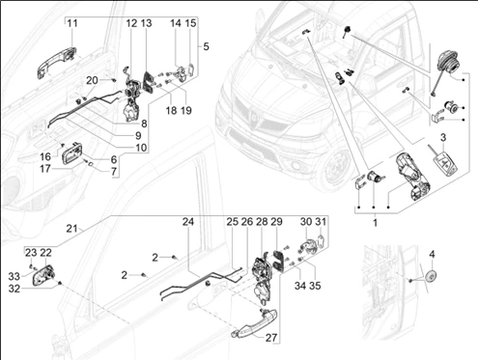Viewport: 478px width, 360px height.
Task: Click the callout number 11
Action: tap(72, 23)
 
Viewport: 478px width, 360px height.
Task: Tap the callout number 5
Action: tap(206, 46)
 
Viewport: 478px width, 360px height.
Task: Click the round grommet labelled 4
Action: tap(430, 277)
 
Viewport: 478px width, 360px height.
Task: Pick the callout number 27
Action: tap(271, 338)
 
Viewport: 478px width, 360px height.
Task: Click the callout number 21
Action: tap(71, 229)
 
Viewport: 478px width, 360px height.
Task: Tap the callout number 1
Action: tap(375, 223)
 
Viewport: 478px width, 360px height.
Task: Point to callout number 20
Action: tap(92, 80)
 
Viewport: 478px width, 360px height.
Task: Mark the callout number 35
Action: tap(315, 286)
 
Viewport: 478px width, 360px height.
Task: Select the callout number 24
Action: tap(188, 222)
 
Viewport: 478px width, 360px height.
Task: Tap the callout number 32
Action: tap(14, 289)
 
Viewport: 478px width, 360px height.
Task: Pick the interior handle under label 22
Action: tap(42, 275)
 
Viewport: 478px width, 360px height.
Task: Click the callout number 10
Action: tap(141, 148)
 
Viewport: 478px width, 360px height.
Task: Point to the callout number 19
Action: tap(186, 110)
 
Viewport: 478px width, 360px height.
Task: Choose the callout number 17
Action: tap(45, 168)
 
